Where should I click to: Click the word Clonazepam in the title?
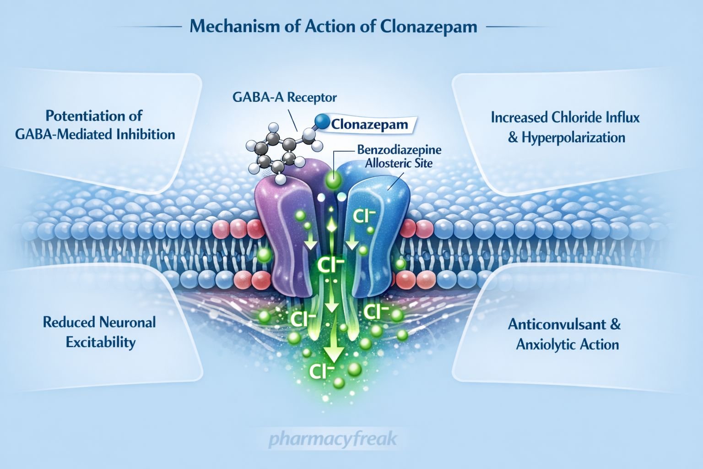(x=428, y=26)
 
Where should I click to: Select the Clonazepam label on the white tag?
(x=369, y=124)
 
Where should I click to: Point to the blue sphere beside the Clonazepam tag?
(x=323, y=121)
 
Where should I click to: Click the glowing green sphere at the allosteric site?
(x=333, y=180)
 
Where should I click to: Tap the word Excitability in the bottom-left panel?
(x=101, y=342)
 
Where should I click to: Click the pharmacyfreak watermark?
(x=333, y=440)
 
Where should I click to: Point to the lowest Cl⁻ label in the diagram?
(x=321, y=371)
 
